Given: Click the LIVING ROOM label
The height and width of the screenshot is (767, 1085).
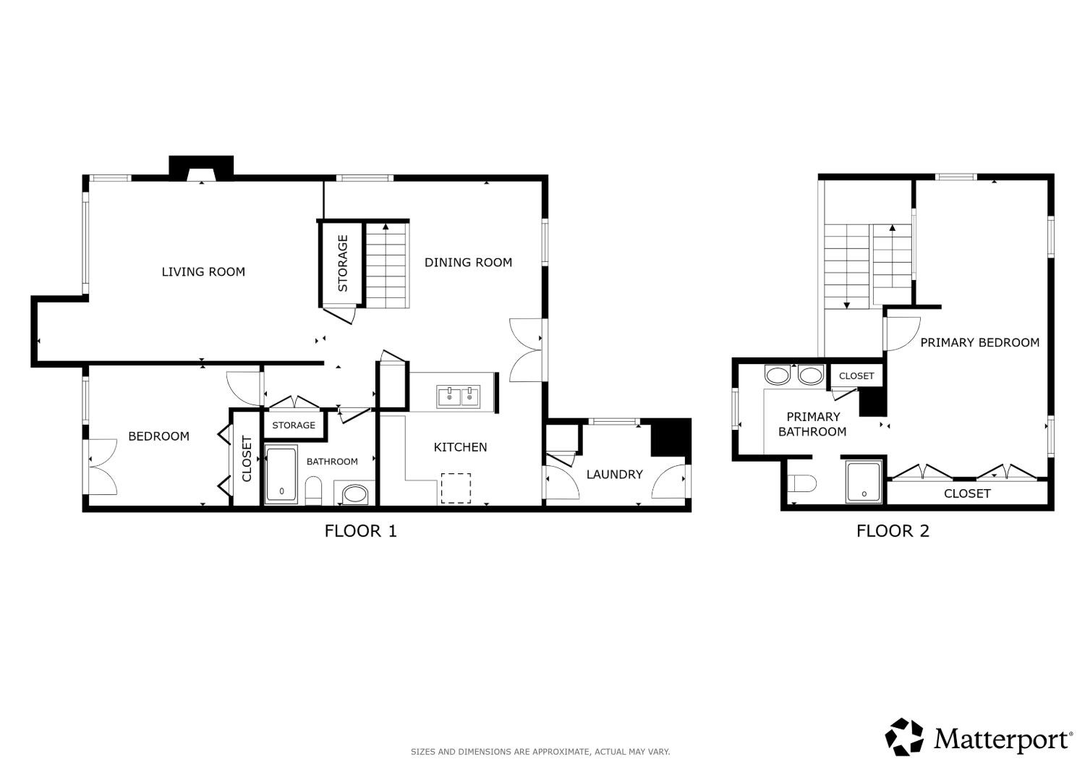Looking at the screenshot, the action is [203, 272].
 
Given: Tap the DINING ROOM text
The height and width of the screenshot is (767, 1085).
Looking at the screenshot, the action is [469, 263].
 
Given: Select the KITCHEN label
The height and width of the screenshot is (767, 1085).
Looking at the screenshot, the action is [460, 447].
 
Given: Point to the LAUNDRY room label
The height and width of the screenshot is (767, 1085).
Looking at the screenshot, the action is [615, 475].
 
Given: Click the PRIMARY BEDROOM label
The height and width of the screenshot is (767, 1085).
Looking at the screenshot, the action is [980, 342].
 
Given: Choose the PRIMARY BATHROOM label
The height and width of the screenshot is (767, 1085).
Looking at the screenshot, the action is [813, 424].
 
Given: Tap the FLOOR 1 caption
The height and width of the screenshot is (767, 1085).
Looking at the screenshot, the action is [361, 531].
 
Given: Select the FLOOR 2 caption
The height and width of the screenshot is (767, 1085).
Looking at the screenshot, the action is [893, 531].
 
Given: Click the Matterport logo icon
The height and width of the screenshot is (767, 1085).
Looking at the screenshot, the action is [904, 737].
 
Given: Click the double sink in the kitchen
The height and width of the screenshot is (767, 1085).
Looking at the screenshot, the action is [458, 397].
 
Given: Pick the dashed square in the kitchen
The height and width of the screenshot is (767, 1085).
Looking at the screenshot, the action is [456, 488].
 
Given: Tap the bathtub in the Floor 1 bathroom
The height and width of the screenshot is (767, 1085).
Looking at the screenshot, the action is [281, 475].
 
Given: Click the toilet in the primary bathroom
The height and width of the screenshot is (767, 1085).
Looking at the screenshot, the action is [801, 483].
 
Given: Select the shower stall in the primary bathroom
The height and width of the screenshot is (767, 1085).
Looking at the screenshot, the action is [864, 482].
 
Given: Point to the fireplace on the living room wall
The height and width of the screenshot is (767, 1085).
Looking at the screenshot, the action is [201, 169].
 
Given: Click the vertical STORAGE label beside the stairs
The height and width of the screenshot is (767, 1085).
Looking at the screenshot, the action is [343, 263].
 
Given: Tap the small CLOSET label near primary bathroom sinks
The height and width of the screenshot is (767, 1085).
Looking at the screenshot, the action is [856, 376].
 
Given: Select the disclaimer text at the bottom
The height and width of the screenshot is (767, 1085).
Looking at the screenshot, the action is [540, 752].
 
